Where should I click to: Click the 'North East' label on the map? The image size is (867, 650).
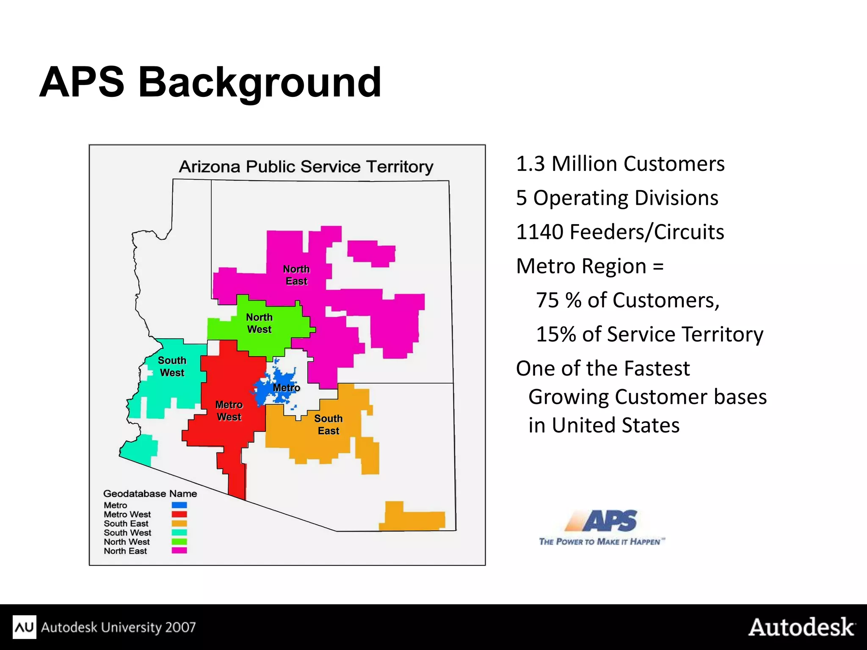pos(296,275)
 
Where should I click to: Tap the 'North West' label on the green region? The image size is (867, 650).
pos(259,323)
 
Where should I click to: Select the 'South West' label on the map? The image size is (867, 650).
pos(172,366)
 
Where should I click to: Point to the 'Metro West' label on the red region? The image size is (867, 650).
pos(229,411)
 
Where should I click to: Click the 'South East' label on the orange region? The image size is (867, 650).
pos(329,425)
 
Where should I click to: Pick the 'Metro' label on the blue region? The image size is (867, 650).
pos(286,388)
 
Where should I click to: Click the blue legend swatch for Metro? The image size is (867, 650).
pos(179,505)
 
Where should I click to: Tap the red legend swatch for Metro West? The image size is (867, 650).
pos(179,514)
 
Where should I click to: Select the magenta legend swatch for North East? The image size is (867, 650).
pos(179,551)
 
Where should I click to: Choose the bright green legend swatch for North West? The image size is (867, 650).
pos(179,542)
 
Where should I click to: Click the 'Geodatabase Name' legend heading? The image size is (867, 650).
pos(150,494)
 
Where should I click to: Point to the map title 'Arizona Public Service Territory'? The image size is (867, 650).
pos(306,167)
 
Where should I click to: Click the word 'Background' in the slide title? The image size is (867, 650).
pos(260,82)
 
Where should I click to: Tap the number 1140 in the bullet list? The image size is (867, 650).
pos(539,232)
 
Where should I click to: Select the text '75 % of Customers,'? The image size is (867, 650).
pos(627,300)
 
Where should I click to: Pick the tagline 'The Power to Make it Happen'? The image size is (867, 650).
pos(601,542)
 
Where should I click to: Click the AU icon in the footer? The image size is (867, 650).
pos(24,627)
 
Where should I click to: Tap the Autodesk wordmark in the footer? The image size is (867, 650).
pos(801,627)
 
